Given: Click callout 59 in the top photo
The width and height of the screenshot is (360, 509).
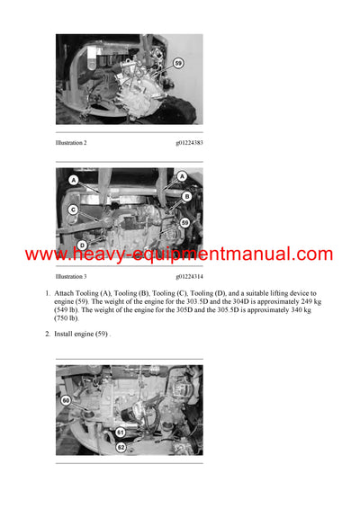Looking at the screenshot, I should click(178, 63).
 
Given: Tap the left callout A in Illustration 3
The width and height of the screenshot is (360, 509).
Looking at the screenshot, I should click(74, 180).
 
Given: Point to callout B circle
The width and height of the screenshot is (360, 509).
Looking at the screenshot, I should click(186, 195).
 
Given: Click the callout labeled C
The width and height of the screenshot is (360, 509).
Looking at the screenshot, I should click(73, 210).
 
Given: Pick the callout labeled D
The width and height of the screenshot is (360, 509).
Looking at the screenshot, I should click(82, 245).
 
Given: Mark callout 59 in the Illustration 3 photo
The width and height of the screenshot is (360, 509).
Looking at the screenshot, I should click(184, 221).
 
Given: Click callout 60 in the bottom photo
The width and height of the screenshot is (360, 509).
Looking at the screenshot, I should click(66, 400).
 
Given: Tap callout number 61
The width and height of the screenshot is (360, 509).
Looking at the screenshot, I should click(120, 431).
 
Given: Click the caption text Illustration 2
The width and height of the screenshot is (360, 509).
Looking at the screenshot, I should click(76, 143).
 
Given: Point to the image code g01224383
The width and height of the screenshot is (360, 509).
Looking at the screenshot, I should click(188, 143).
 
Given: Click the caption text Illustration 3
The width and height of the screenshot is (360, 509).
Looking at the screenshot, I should click(76, 278).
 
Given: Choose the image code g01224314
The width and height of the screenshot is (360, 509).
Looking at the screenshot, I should click(188, 278).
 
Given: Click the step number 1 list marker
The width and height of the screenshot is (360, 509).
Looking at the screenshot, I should click(47, 293).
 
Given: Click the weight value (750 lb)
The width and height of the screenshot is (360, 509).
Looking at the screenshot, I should click(67, 318).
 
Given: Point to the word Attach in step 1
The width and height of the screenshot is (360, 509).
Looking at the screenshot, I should click(66, 293).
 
